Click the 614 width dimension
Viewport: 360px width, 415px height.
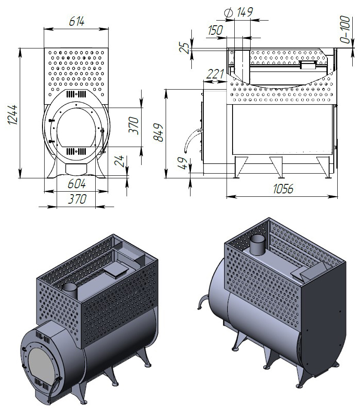(x=76, y=22)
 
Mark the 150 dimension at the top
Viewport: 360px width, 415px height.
(x=215, y=30)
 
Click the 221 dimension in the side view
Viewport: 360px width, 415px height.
(x=215, y=74)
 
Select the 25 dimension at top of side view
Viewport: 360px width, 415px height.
(x=184, y=47)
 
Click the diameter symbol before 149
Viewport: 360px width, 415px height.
(x=229, y=13)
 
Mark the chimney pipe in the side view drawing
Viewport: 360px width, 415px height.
(x=240, y=64)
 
